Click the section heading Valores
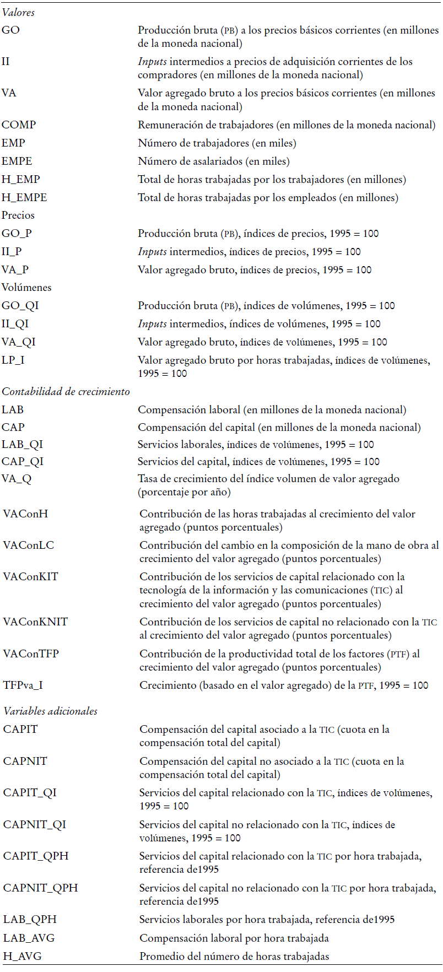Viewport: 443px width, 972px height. click(18, 12)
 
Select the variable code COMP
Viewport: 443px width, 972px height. click(19, 125)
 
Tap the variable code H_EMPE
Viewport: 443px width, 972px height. click(24, 197)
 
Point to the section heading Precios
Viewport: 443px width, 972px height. click(18, 215)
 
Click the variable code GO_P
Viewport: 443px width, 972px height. click(17, 234)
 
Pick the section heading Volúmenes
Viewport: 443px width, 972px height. click(26, 288)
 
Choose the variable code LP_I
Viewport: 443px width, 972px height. click(13, 360)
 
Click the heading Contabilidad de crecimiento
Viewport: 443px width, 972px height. click(66, 392)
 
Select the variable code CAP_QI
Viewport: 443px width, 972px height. click(23, 462)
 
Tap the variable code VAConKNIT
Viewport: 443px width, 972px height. click(35, 622)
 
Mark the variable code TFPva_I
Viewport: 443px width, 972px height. click(23, 685)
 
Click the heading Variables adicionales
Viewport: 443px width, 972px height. click(50, 711)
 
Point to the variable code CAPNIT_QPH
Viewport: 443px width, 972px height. click(40, 888)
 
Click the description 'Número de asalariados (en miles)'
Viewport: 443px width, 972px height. click(214, 161)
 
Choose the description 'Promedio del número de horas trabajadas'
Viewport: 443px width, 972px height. click(234, 957)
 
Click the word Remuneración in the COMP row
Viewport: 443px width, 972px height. click(172, 125)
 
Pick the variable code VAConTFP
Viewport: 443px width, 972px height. click(31, 654)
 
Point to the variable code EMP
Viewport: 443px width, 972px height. click(13, 143)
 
